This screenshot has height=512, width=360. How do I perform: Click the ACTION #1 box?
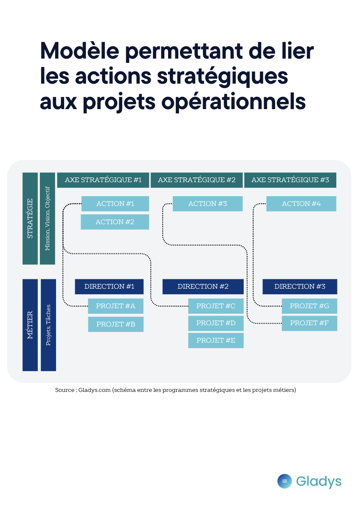click(115, 204)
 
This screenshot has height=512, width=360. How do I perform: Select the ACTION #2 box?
click(115, 222)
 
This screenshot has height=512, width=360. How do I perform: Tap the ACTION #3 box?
click(208, 204)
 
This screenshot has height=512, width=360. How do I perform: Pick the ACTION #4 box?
click(301, 204)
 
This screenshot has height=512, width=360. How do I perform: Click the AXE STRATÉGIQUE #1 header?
click(103, 180)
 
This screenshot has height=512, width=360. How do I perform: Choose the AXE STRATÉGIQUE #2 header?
click(197, 180)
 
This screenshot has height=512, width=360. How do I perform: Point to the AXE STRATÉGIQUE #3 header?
click(290, 180)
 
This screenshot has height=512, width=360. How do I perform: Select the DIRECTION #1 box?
click(109, 287)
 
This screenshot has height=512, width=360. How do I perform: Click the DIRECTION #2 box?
click(203, 287)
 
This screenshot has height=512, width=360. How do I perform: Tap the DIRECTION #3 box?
click(300, 287)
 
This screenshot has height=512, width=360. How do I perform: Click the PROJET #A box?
click(115, 306)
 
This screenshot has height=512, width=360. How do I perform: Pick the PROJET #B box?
click(115, 324)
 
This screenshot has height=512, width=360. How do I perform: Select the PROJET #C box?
click(216, 306)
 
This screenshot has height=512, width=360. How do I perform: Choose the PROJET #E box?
click(216, 340)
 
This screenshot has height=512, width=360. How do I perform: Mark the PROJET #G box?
click(309, 306)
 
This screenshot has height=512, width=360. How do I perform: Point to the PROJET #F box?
click(309, 324)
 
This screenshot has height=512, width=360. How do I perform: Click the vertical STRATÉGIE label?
click(30, 219)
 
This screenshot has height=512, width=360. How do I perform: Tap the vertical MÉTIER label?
click(30, 325)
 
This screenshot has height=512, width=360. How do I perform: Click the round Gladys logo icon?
click(284, 481)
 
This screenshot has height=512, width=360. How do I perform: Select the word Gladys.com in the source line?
click(94, 390)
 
